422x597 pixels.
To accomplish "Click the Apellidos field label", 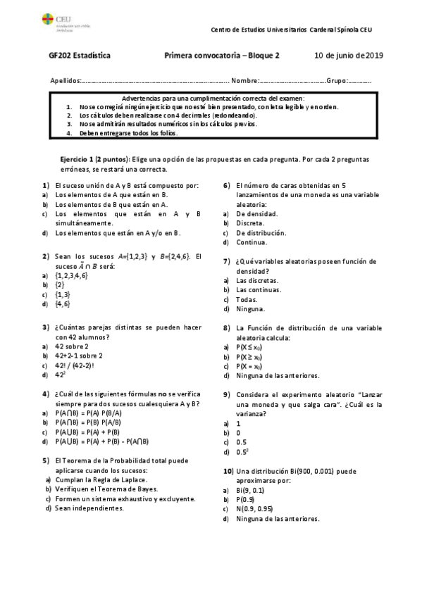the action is click(67, 80).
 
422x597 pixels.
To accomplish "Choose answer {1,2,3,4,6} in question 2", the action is click(71, 275).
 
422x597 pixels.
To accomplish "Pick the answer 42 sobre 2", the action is click(72, 346).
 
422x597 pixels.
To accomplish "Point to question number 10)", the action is click(228, 470).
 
